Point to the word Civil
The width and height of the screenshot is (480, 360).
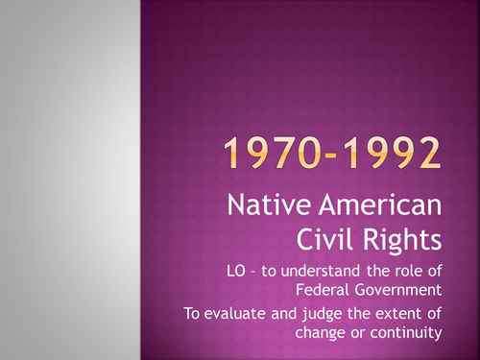coord(346,236)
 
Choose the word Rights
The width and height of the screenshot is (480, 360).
coord(413,237)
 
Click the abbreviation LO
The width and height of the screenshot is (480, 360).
coord(283,267)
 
